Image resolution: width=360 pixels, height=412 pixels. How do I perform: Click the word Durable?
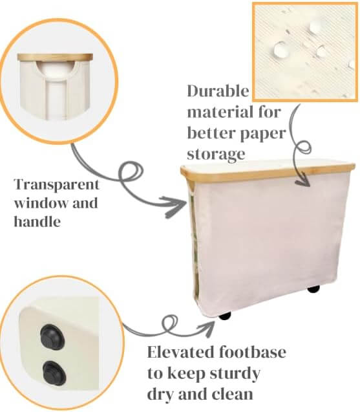[x=216, y=91]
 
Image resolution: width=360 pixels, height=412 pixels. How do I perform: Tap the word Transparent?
[x=56, y=184]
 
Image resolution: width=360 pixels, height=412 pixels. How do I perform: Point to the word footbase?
[x=252, y=353]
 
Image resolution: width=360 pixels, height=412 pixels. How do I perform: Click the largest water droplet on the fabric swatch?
[x=282, y=49]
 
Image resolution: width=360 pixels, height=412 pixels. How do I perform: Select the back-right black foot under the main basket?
[x=313, y=288]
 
